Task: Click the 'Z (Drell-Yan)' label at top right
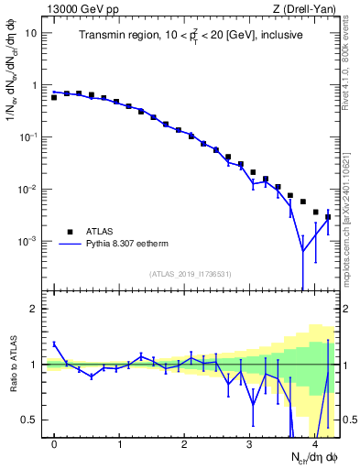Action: pos(306,8)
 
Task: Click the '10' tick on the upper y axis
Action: pos(31,33)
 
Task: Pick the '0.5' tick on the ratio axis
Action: pos(29,420)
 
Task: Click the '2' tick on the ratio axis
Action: pos(34,309)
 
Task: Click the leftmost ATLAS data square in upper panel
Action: pos(54,97)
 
